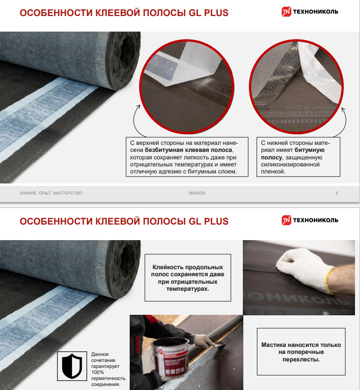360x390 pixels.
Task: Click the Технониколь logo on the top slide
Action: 309,12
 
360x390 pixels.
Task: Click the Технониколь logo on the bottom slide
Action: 309,220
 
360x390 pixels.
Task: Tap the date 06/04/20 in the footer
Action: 197,193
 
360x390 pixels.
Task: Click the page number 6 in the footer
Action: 336,193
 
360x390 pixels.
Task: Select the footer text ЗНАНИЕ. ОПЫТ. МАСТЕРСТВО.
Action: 51,193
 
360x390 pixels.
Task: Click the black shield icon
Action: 72,366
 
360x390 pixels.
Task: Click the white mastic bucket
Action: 170,356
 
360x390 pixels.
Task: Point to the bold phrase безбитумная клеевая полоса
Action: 188,150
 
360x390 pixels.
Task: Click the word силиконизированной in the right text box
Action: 290,164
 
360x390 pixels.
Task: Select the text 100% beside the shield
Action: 98,372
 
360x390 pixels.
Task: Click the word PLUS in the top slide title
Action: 216,13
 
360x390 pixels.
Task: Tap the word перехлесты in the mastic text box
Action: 300,359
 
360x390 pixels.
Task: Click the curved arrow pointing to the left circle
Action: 134,121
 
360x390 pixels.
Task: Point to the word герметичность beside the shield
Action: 108,378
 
